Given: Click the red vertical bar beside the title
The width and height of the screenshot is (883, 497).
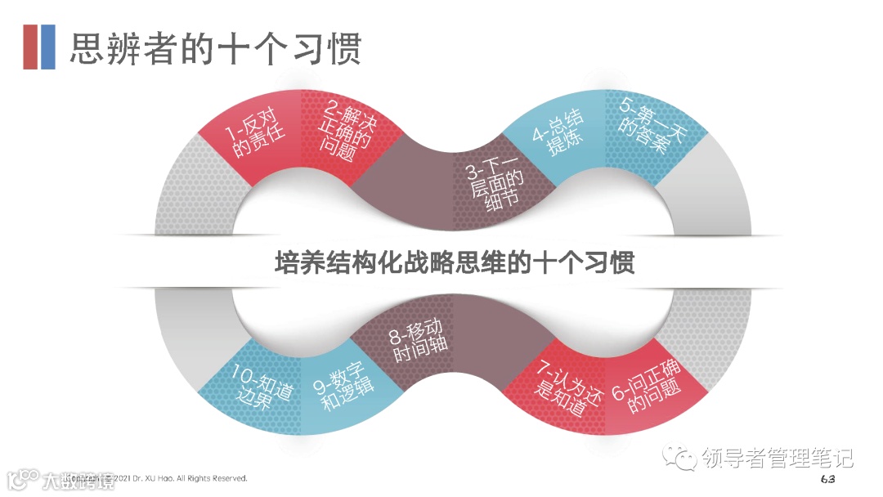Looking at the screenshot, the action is tap(30, 47).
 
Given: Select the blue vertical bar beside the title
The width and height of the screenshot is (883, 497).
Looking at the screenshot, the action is tap(48, 47).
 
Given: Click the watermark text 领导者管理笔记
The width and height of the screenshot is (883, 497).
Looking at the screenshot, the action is tap(777, 458).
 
